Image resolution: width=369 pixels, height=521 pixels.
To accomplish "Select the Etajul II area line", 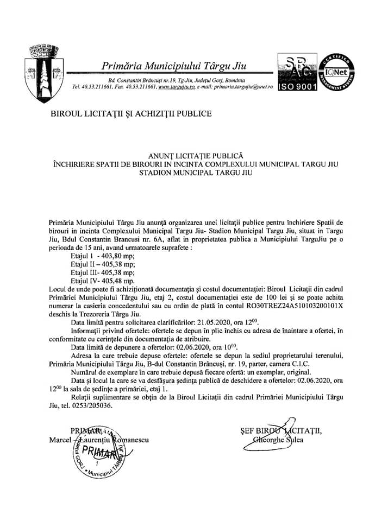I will pyautogui.click(x=103, y=264).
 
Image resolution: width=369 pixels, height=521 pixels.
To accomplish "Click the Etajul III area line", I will pyautogui.click(x=103, y=272).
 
